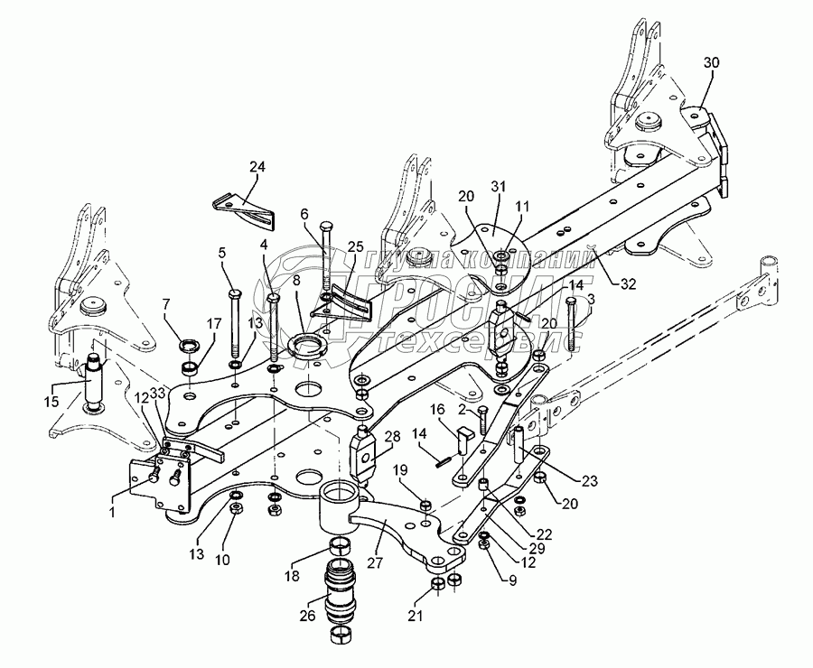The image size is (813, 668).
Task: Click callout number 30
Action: (712, 62)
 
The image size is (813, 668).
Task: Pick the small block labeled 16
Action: (463, 437)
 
